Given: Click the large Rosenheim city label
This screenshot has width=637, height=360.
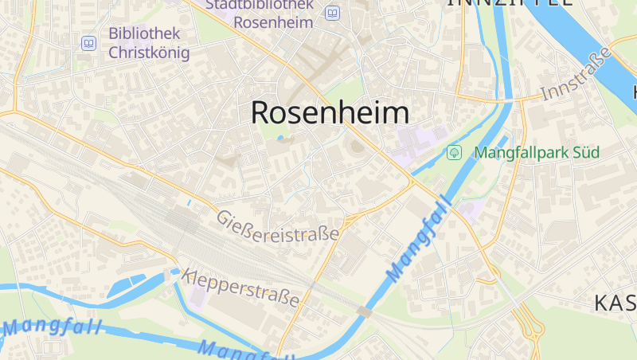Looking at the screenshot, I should [330, 113].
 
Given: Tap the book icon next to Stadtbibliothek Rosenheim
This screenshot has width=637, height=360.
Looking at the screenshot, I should [332, 13].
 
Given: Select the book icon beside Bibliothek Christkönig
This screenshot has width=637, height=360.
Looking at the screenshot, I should [88, 43].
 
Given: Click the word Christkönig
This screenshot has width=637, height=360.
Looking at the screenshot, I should [149, 53].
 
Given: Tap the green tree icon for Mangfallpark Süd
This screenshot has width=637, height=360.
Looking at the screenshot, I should [455, 151].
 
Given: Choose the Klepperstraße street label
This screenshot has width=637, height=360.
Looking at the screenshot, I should [240, 288].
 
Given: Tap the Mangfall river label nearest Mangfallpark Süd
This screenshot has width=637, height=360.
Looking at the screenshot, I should [419, 240].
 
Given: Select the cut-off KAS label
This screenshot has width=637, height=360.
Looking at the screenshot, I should [616, 303].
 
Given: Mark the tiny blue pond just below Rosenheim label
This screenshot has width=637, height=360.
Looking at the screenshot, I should [279, 138].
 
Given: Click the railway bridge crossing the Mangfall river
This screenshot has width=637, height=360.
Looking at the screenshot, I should [365, 311].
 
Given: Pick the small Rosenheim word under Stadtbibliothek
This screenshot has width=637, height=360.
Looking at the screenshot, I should [274, 22].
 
